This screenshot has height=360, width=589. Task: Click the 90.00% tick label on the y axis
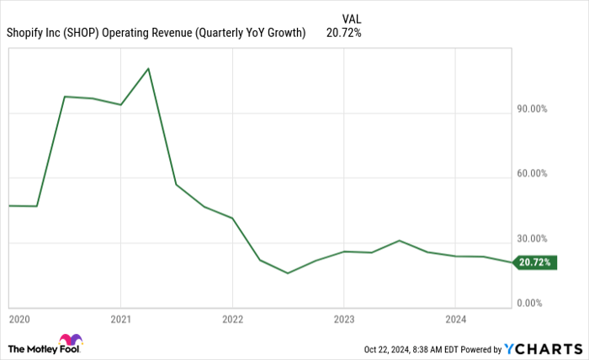(x=534, y=109)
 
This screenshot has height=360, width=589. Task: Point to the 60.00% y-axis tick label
(x=534, y=174)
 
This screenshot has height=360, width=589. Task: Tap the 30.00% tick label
(x=534, y=239)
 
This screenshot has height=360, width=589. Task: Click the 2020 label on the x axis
(x=19, y=319)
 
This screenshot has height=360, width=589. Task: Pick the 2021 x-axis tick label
(x=121, y=319)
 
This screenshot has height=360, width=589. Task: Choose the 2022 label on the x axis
(x=232, y=319)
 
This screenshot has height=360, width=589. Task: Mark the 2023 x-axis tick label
(x=343, y=319)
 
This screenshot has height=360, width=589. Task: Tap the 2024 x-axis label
(x=454, y=319)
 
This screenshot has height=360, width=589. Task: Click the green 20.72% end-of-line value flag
(x=535, y=262)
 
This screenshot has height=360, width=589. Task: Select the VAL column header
(x=353, y=18)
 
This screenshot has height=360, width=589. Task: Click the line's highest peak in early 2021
(x=149, y=68)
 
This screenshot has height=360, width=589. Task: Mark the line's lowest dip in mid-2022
(x=288, y=273)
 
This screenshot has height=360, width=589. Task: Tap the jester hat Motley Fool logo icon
(x=71, y=341)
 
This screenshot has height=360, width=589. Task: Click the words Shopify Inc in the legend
(x=29, y=34)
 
